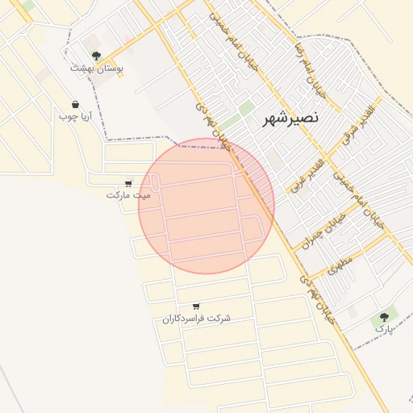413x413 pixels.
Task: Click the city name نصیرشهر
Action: [x=291, y=119]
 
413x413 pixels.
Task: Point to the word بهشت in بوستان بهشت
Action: [x=82, y=69]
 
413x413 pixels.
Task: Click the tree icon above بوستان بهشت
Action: [x=96, y=56]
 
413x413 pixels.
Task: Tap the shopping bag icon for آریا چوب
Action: [x=76, y=104]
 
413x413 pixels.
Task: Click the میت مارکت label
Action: [x=128, y=195]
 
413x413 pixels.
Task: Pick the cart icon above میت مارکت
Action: [x=129, y=182]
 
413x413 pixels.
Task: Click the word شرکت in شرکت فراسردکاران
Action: [x=219, y=319]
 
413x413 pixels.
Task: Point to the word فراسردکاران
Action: [x=184, y=319]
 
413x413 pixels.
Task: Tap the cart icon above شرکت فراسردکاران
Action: [x=197, y=306]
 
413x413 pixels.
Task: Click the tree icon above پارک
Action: [x=385, y=316]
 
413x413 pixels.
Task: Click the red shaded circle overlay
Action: [x=206, y=206]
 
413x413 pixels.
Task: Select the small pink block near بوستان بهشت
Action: [x=127, y=39]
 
